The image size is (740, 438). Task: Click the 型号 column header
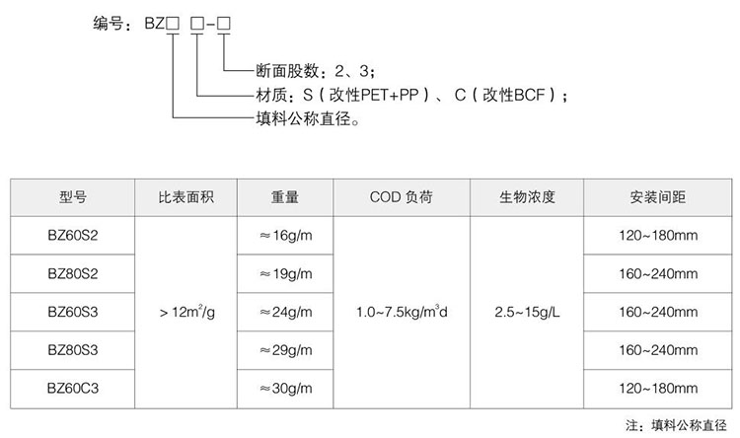(x=73, y=197)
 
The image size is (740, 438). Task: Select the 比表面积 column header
(x=185, y=197)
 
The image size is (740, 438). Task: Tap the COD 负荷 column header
(x=402, y=197)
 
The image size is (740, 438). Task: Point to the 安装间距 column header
(x=657, y=197)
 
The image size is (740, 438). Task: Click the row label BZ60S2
(x=73, y=235)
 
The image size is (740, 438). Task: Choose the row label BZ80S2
(x=73, y=274)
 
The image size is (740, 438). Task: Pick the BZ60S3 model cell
(x=73, y=312)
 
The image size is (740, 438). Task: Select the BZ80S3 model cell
(x=73, y=350)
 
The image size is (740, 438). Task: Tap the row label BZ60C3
(x=73, y=389)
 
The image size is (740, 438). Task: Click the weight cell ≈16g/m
(x=285, y=236)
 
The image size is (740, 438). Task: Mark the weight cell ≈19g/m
(x=285, y=274)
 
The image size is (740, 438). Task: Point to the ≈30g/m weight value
(x=285, y=389)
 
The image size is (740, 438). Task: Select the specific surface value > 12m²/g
(x=186, y=312)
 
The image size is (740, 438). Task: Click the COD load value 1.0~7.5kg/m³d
(x=402, y=312)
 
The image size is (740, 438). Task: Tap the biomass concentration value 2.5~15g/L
(x=527, y=312)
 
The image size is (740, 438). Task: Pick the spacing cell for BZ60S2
(x=658, y=235)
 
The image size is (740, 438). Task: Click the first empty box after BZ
(x=173, y=24)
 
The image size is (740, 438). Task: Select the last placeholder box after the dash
(x=224, y=24)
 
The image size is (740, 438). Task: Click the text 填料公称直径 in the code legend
(x=304, y=118)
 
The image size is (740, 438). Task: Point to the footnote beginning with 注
(x=676, y=425)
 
